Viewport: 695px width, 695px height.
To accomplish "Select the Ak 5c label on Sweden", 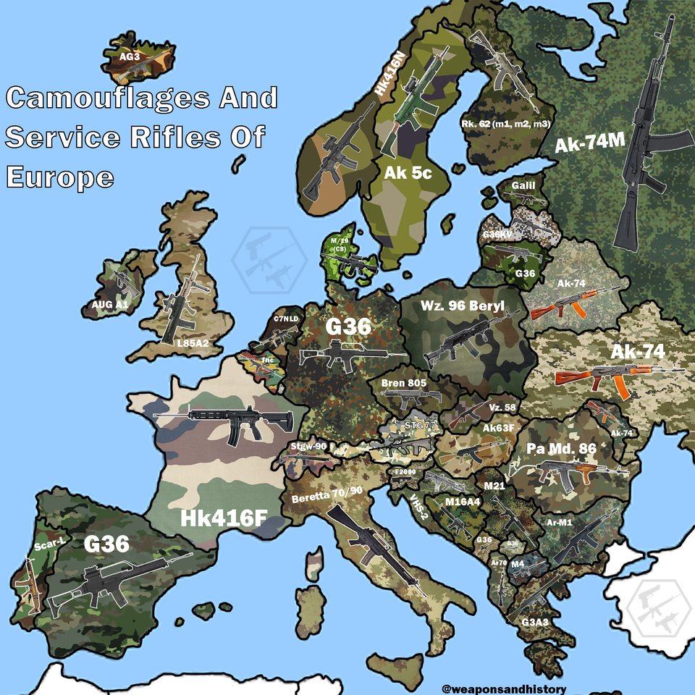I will coord(408,174).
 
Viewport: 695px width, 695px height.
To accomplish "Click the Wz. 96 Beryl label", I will coord(462,306).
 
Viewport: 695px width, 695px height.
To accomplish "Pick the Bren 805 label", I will coord(404,383).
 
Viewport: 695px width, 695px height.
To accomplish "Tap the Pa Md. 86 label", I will coord(561,449).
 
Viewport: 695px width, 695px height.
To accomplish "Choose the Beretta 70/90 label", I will coord(327,494).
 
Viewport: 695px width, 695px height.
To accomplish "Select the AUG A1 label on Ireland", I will coord(109,305).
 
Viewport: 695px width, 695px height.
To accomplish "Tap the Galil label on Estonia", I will coord(523,186).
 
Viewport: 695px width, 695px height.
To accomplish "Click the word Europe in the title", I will coord(60,177).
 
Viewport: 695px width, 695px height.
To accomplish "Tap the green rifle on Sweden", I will coord(413,101).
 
